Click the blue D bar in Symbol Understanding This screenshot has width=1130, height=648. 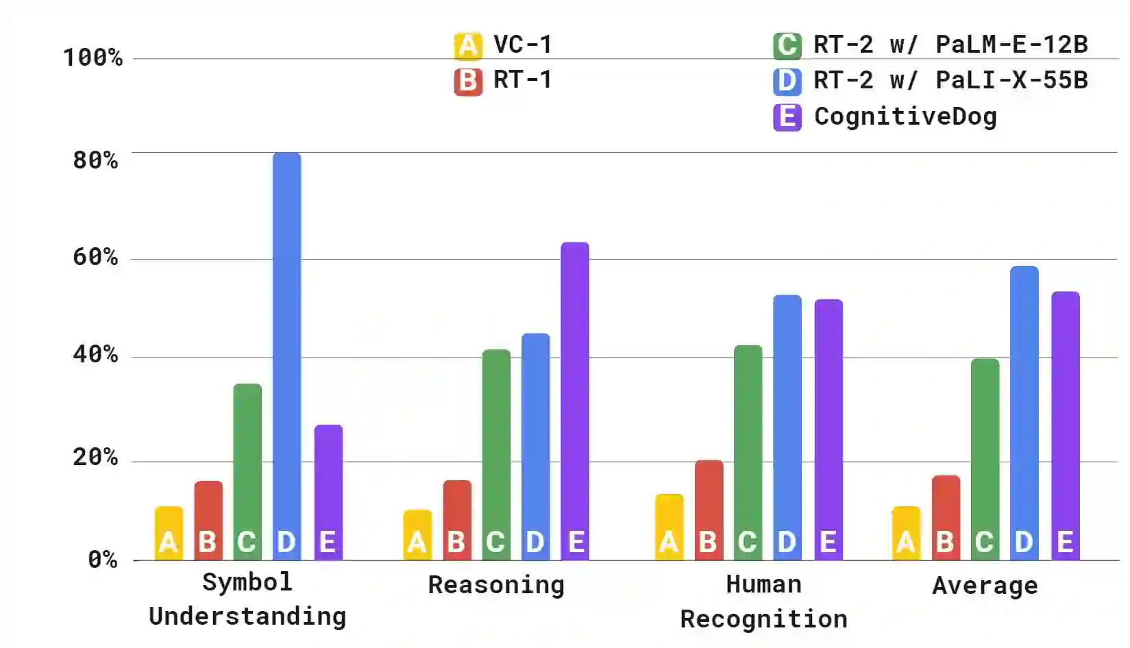286,356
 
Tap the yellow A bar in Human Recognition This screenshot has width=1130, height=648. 669,527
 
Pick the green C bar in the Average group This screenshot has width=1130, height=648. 985,459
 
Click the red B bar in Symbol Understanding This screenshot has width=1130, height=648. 208,521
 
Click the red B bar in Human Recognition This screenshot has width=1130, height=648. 709,510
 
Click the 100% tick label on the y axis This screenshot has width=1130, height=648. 93,58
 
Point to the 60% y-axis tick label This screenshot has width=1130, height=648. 96,258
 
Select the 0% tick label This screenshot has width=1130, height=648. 103,560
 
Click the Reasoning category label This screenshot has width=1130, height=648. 496,585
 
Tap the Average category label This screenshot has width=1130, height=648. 985,586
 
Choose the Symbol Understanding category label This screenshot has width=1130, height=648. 247,599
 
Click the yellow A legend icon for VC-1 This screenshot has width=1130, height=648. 468,46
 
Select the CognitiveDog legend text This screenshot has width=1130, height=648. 905,116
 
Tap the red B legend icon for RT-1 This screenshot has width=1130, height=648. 468,82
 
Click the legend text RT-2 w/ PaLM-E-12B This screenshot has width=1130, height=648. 950,45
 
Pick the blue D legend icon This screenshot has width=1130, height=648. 787,82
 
